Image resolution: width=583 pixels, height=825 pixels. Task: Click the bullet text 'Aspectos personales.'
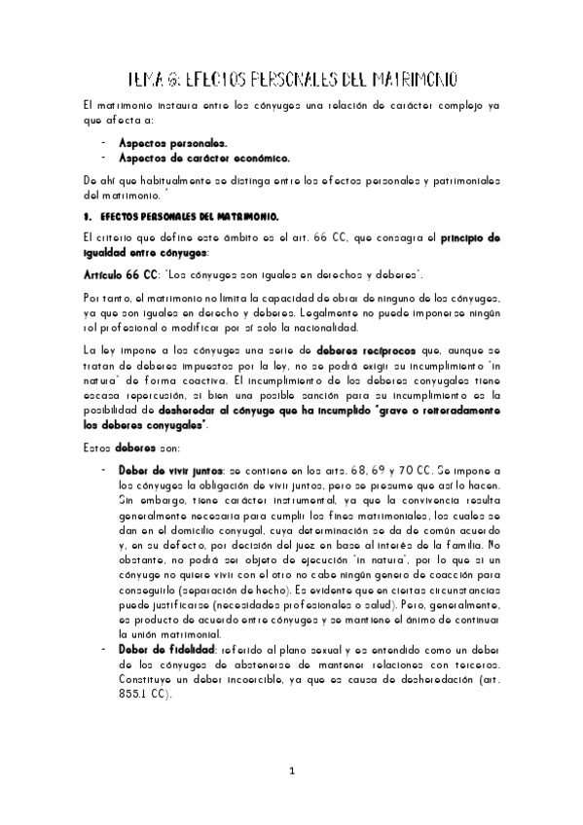point(173,142)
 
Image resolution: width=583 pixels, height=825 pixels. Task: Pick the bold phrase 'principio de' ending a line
point(461,236)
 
